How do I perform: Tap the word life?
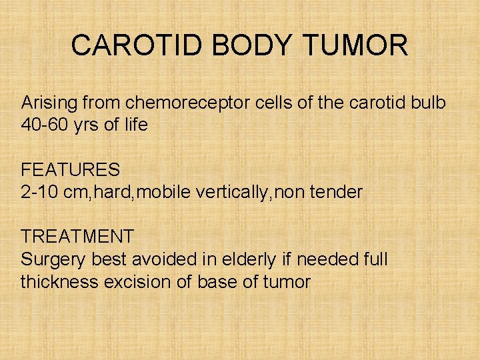(133, 124)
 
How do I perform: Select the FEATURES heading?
(71, 171)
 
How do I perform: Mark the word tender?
(335, 193)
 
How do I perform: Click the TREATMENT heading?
(77, 237)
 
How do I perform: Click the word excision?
(138, 281)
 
